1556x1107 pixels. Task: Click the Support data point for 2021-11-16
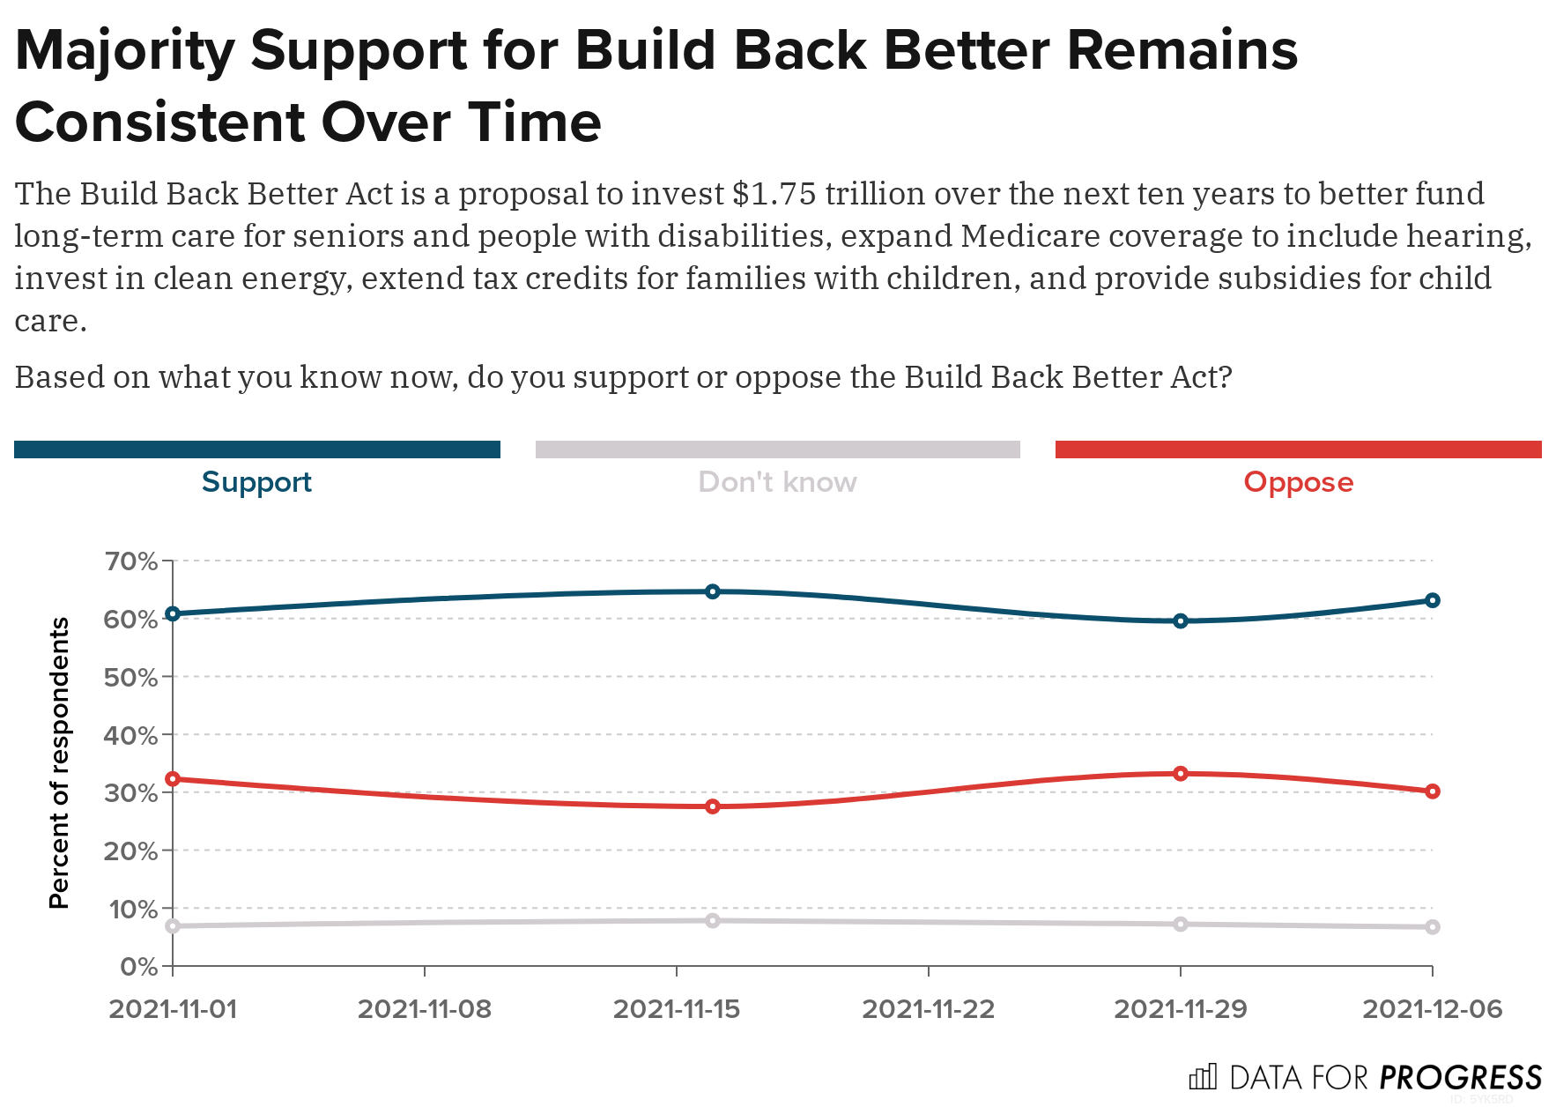click(713, 591)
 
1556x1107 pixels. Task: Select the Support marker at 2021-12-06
click(1433, 600)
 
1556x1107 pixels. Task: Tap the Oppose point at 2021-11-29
click(1181, 774)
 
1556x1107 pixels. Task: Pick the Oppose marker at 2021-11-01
click(173, 779)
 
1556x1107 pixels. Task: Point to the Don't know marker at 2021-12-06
click(1433, 927)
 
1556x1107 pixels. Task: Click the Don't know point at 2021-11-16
click(713, 921)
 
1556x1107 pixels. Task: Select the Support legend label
click(256, 482)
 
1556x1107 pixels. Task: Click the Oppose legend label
click(1298, 482)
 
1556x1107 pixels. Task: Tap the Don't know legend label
click(777, 482)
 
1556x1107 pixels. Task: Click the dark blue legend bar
click(256, 449)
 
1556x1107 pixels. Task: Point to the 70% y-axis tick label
click(130, 561)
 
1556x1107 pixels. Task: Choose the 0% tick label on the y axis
click(138, 967)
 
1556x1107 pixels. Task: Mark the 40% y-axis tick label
click(130, 735)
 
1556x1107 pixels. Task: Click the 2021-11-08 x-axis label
click(425, 1009)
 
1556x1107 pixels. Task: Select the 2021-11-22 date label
click(929, 1009)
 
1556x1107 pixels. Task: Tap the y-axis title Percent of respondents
click(59, 762)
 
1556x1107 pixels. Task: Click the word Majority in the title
click(124, 51)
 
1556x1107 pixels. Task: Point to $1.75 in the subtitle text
click(774, 194)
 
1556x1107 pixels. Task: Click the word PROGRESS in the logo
click(1460, 1078)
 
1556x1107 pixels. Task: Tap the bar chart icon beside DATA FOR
click(1203, 1077)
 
